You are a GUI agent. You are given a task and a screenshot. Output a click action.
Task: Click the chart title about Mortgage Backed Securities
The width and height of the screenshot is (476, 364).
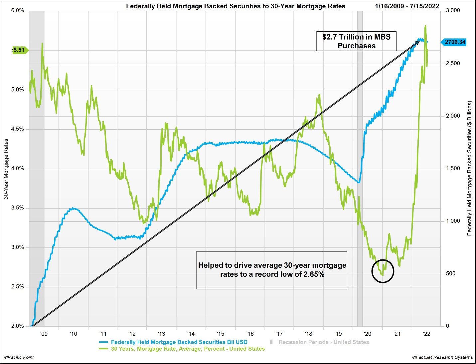point(236,6)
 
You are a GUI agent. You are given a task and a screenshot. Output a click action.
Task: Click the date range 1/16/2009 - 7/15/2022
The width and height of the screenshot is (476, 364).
point(407,6)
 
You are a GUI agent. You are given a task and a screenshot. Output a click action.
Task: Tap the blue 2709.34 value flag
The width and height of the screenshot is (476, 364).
point(454,42)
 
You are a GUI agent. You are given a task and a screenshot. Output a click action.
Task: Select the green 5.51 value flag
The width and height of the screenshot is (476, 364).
point(19,50)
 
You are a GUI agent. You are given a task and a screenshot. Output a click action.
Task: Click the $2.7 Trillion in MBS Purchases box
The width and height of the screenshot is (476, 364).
point(356,41)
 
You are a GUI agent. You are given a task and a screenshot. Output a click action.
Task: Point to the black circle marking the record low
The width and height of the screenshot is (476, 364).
point(383,271)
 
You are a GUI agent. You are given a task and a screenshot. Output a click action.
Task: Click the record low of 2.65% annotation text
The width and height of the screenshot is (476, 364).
point(272,270)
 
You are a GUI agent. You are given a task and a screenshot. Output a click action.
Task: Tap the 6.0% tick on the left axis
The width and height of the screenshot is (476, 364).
point(17,10)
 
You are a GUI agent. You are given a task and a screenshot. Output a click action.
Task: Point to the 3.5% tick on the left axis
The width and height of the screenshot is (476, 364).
point(17,208)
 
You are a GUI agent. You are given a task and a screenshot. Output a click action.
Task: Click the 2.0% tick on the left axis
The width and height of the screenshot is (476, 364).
point(17,326)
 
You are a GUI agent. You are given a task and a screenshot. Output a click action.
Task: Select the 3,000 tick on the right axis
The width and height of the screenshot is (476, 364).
point(453,10)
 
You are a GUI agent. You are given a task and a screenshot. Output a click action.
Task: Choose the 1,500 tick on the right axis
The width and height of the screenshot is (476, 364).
point(453,169)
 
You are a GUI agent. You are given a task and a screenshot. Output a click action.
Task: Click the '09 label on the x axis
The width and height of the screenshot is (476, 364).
point(44,334)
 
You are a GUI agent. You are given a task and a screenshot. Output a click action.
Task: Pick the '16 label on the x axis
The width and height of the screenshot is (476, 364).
point(250,334)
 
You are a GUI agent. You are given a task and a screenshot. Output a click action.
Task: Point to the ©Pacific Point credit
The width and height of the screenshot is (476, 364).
point(19,357)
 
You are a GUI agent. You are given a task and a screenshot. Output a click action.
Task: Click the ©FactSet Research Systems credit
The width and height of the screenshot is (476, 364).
point(442,357)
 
